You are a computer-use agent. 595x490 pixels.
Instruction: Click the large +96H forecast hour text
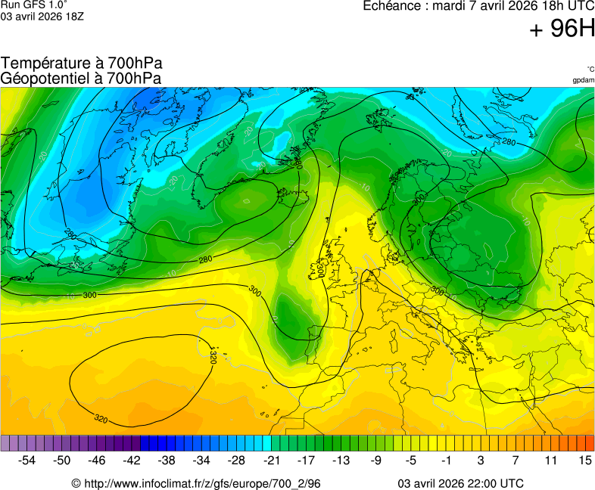(562, 29)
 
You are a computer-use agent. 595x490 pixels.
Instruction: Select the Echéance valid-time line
(478, 6)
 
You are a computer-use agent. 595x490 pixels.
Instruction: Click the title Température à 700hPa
(82, 64)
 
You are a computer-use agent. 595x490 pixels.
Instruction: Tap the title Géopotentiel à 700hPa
(82, 78)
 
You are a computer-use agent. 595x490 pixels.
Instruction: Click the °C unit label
(590, 70)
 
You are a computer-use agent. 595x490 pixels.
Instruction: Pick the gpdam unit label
(583, 80)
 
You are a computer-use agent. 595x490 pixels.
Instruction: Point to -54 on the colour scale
(27, 460)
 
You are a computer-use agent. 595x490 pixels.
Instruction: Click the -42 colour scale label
(132, 460)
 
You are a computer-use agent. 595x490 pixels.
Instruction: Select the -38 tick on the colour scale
(167, 460)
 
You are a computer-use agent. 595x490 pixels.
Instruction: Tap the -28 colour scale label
(236, 460)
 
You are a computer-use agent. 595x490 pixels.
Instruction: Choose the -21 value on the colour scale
(271, 460)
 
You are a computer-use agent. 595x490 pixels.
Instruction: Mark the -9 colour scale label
(375, 460)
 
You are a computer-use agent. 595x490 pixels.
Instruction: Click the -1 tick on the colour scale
(445, 460)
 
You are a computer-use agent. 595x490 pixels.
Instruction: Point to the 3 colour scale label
(481, 460)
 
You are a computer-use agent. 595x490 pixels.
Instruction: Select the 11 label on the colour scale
(550, 460)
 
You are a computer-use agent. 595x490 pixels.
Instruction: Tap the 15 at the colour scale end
(584, 460)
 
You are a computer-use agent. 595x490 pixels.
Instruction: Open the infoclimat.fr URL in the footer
(196, 483)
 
